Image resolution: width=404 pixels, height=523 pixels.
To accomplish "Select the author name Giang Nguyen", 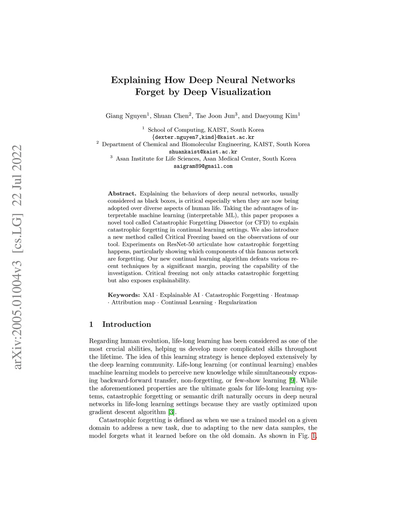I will click(x=126, y=116).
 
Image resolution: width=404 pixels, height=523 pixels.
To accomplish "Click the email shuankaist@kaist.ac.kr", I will click(x=203, y=152).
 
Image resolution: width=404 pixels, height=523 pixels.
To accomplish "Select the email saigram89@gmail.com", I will click(x=203, y=166).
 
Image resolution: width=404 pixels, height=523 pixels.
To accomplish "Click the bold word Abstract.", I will click(x=122, y=194).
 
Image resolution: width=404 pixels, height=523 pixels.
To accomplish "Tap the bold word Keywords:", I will click(x=123, y=295).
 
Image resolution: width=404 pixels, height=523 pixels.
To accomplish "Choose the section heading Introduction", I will click(x=126, y=324).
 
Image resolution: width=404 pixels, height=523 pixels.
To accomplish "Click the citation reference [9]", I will click(x=292, y=381).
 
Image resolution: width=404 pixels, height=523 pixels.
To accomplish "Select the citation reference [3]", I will click(x=171, y=412).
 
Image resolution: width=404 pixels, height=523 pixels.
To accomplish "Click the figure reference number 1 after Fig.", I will click(x=314, y=436).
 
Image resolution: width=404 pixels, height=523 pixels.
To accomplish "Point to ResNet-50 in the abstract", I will click(x=180, y=244).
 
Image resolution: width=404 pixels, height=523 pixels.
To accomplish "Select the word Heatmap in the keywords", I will click(x=286, y=295).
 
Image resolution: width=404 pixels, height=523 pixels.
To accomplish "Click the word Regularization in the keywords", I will click(x=238, y=302).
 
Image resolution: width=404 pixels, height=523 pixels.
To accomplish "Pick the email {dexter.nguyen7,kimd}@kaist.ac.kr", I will click(x=203, y=137).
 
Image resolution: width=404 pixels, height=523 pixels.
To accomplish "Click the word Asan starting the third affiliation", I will click(x=123, y=159).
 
